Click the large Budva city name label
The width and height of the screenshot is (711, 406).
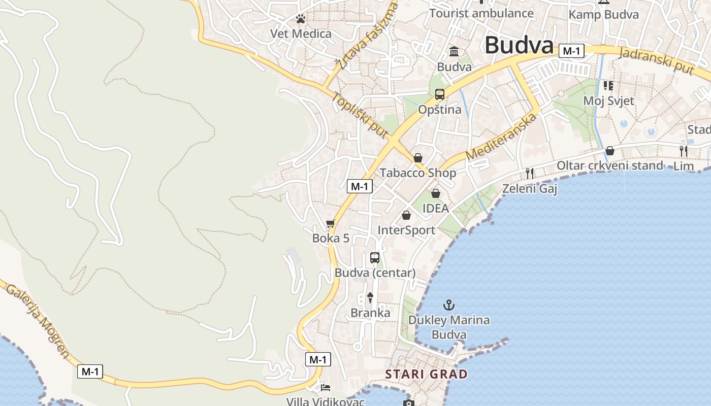[519, 45]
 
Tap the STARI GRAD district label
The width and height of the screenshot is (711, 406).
[426, 375]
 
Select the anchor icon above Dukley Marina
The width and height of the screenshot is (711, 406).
[448, 305]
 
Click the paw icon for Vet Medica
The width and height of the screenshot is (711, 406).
[301, 19]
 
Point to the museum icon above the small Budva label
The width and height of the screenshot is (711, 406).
[454, 52]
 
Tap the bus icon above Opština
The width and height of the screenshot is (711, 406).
[440, 94]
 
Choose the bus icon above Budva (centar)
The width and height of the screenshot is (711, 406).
[375, 258]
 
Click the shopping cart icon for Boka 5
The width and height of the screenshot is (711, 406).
[331, 223]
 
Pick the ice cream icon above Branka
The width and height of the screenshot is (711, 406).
[370, 298]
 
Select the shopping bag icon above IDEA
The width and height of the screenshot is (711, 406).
[435, 193]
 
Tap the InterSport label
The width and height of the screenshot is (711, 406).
[406, 230]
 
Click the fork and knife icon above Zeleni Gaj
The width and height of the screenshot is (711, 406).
[530, 174]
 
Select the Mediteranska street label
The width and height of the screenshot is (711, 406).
[501, 137]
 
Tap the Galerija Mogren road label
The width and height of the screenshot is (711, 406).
[37, 320]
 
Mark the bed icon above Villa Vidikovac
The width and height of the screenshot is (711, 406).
[326, 388]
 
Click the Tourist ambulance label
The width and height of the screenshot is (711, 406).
[481, 13]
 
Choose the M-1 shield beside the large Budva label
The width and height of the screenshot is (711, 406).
[571, 51]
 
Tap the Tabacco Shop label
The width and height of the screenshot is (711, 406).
[418, 173]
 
